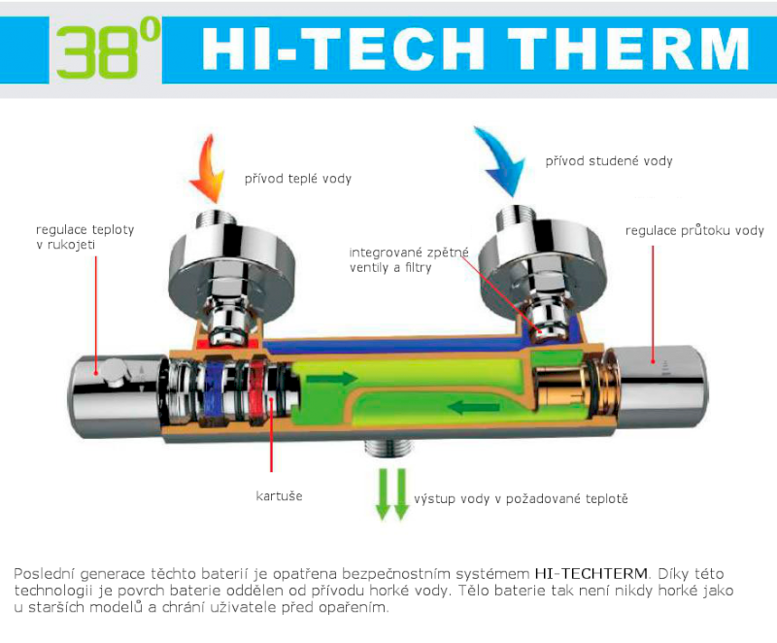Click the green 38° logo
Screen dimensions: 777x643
108,49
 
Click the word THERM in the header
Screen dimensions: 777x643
627,49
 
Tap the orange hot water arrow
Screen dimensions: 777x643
207,168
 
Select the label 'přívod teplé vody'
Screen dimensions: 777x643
298,179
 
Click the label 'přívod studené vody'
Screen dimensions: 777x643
609,161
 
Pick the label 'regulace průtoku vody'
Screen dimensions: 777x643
694,230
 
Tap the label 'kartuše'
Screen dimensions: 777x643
279,496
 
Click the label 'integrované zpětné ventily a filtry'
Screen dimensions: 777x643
408,260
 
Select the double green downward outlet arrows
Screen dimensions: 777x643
392,493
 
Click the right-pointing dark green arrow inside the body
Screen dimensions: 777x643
331,379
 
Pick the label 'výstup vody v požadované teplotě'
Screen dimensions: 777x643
521,499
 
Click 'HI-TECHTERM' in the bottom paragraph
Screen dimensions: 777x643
591,574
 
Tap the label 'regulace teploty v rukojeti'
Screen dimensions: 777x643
84,237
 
